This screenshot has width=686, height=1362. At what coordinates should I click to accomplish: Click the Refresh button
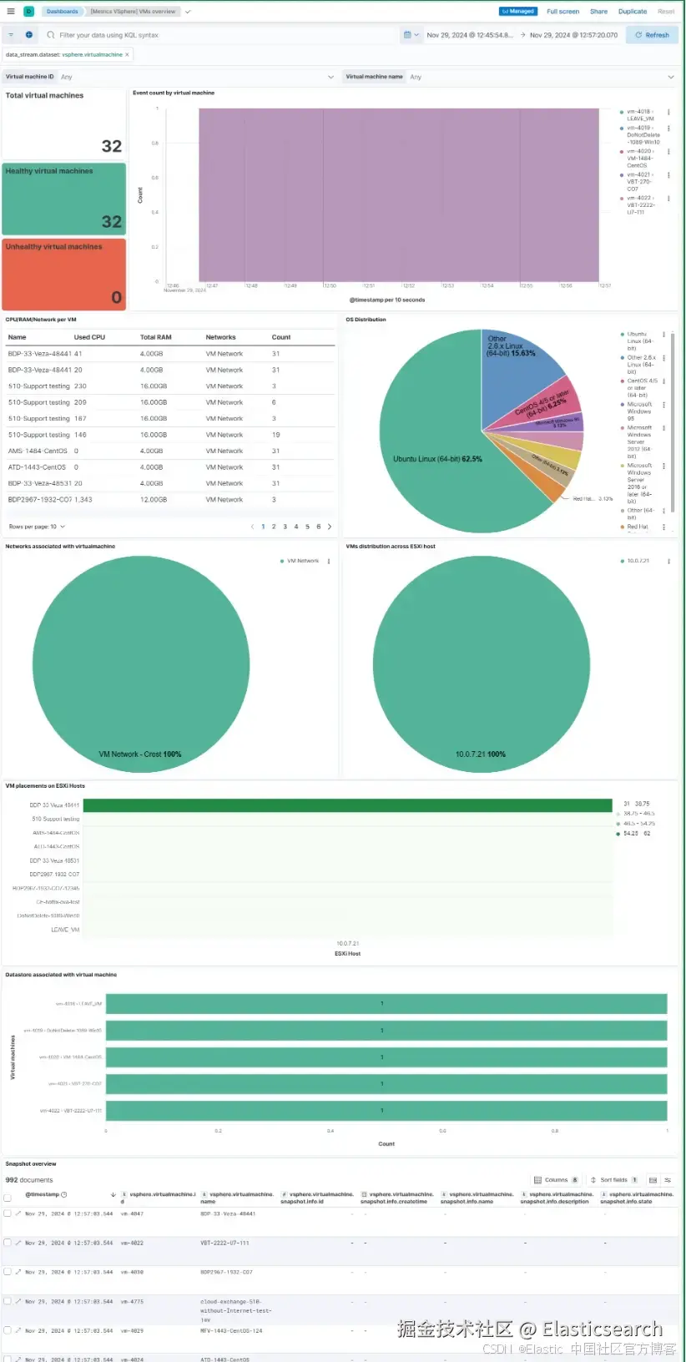pyautogui.click(x=652, y=35)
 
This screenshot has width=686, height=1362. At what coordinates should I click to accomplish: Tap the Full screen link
pyautogui.click(x=562, y=12)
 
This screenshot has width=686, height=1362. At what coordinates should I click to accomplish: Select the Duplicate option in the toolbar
pyautogui.click(x=632, y=12)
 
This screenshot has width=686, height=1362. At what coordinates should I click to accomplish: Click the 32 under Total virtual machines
pyautogui.click(x=112, y=146)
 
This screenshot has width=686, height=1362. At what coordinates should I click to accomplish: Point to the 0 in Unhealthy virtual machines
pyautogui.click(x=116, y=297)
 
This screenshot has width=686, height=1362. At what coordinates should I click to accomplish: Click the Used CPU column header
pyautogui.click(x=89, y=337)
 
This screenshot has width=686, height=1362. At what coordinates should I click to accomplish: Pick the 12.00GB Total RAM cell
pyautogui.click(x=154, y=500)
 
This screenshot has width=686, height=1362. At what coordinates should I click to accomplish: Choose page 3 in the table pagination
pyautogui.click(x=285, y=527)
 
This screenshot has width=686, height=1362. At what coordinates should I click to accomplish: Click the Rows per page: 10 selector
pyautogui.click(x=37, y=527)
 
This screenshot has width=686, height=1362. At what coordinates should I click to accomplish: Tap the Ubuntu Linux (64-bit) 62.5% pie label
pyautogui.click(x=437, y=459)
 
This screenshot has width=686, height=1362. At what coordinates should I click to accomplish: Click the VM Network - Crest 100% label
pyautogui.click(x=140, y=754)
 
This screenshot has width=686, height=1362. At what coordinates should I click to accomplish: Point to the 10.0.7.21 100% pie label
pyautogui.click(x=480, y=754)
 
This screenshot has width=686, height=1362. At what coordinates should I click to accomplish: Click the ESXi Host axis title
pyautogui.click(x=347, y=953)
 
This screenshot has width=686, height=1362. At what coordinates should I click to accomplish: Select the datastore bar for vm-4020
pyautogui.click(x=386, y=1057)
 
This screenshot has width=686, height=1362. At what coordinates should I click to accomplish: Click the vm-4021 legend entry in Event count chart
pyautogui.click(x=639, y=181)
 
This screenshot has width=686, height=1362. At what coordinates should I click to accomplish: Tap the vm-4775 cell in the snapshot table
pyautogui.click(x=132, y=1302)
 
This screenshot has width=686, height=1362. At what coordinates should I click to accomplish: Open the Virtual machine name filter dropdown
pyautogui.click(x=509, y=77)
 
